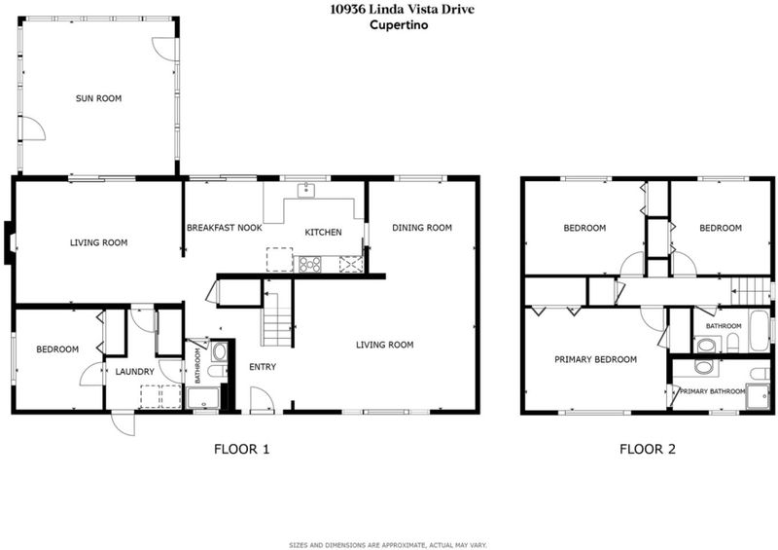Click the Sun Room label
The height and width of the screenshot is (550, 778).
(x=98, y=98)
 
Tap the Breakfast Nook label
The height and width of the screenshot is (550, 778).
(x=225, y=228)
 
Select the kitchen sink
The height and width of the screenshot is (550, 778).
(x=307, y=190)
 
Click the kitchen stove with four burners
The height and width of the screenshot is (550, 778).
(x=309, y=264)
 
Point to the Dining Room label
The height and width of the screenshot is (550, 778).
(x=422, y=228)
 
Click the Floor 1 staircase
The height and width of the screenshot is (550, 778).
(x=277, y=313)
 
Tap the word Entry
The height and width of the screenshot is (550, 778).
(x=263, y=367)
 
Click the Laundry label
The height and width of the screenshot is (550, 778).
(x=135, y=372)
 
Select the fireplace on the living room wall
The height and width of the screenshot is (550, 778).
(x=10, y=242)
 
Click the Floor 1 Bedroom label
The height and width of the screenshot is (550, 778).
(x=57, y=349)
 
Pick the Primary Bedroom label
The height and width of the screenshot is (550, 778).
(x=595, y=359)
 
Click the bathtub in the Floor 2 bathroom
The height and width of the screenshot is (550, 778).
(x=760, y=330)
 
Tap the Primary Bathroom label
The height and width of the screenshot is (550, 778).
(x=713, y=391)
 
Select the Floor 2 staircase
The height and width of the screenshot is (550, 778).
(x=749, y=291)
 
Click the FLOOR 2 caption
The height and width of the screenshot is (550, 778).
(x=648, y=449)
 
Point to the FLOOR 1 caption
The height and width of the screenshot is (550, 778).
(x=241, y=449)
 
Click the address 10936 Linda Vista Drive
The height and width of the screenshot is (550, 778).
(x=402, y=9)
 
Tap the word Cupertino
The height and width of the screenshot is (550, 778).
(x=399, y=25)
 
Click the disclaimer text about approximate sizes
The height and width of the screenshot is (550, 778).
(x=388, y=545)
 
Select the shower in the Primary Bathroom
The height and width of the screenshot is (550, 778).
(x=758, y=396)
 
